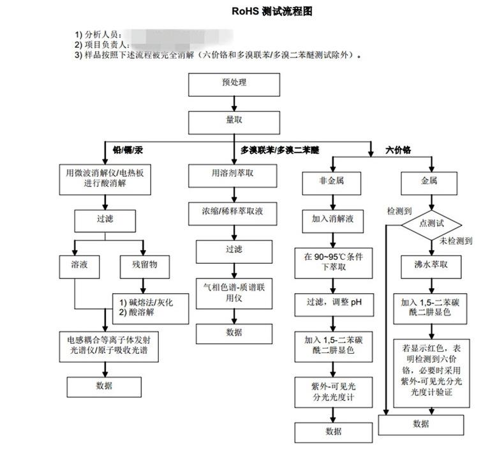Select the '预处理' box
tap(233, 84)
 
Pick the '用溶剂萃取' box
tap(233, 173)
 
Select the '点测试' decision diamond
tap(431, 224)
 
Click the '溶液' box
tap(75, 264)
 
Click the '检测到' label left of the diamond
tap(399, 210)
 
